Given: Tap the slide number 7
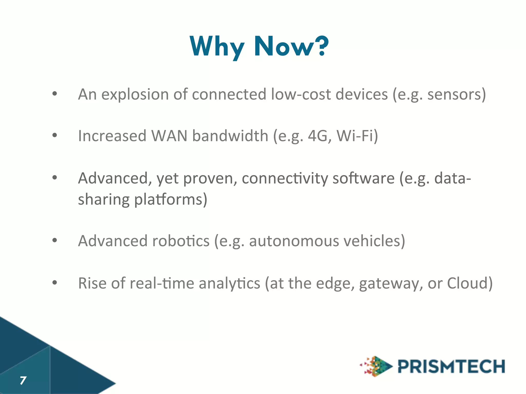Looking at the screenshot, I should pyautogui.click(x=23, y=380).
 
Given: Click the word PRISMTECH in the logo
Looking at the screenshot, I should pyautogui.click(x=451, y=366).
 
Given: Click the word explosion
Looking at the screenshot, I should pyautogui.click(x=135, y=94).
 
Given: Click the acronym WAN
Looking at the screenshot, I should pyautogui.click(x=169, y=136).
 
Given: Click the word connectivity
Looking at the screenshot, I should pyautogui.click(x=285, y=178).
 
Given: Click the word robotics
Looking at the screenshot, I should pyautogui.click(x=181, y=241).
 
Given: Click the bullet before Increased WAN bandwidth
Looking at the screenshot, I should pyautogui.click(x=54, y=135).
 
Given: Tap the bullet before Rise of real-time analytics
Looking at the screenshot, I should pyautogui.click(x=54, y=282).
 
